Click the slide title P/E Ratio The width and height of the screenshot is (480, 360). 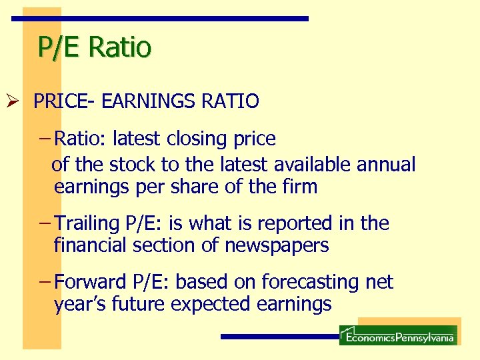click(95, 47)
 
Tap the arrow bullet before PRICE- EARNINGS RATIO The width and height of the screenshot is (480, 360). click(21, 101)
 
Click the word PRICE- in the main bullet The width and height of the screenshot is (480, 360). click(63, 101)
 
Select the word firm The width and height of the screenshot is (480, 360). click(301, 187)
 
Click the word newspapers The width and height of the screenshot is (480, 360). click(277, 245)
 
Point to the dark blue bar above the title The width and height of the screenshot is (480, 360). click(161, 19)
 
